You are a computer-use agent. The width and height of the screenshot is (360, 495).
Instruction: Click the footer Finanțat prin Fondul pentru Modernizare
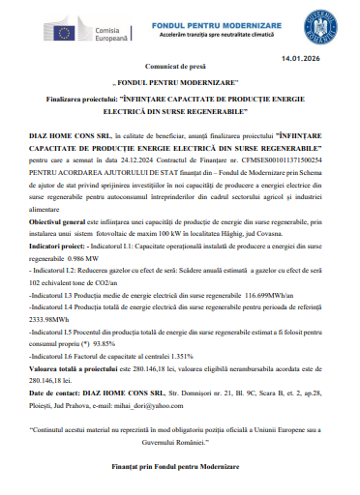pyautogui.click(x=180, y=467)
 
